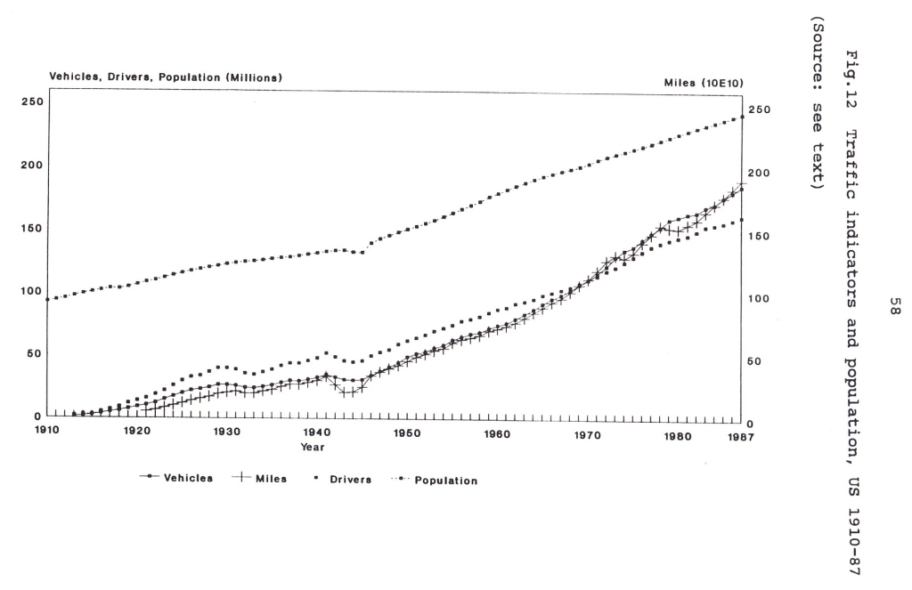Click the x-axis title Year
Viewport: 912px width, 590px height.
[x=312, y=446]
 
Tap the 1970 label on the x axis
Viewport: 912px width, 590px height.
[x=587, y=435]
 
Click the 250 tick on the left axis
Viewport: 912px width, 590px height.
[x=30, y=102]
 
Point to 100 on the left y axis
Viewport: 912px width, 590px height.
[x=30, y=291]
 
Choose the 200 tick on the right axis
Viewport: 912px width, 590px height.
[x=757, y=173]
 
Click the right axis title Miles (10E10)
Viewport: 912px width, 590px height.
[x=701, y=82]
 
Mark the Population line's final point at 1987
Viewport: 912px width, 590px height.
[x=741, y=117]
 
